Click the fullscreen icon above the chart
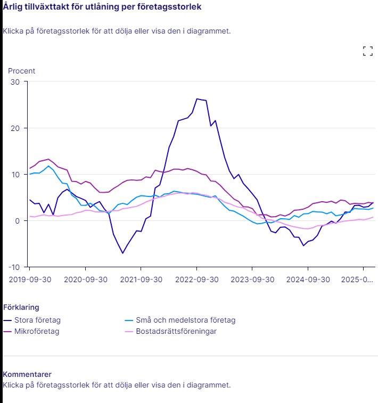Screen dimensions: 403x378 (367, 51)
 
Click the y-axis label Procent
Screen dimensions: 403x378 (22, 71)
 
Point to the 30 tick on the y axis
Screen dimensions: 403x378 (15, 81)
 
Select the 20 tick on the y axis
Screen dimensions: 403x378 (15, 128)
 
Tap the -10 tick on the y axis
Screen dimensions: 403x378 (13, 267)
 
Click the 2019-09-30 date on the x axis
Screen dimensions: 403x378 (30, 279)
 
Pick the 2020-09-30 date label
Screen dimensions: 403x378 (86, 279)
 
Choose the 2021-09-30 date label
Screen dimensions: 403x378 (141, 279)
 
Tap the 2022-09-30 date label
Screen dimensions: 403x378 (196, 279)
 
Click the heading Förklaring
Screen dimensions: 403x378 (21, 307)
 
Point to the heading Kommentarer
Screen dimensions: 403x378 (27, 374)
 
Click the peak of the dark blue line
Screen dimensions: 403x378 (197, 98)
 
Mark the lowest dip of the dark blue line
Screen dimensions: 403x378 (122, 253)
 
